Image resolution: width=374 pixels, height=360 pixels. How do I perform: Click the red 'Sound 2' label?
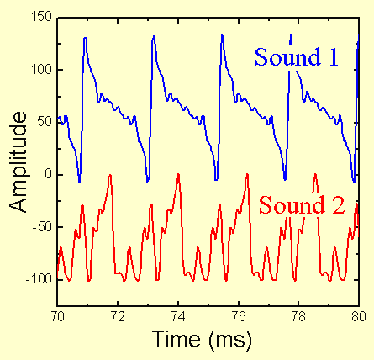(302, 204)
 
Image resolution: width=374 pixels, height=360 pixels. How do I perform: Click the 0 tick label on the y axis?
(45, 174)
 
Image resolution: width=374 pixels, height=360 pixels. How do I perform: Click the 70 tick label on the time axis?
(57, 318)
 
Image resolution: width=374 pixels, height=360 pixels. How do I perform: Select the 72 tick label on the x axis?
(118, 318)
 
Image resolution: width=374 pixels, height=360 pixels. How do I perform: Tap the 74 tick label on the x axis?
(177, 318)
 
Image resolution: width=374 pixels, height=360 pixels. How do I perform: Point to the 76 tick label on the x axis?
(238, 318)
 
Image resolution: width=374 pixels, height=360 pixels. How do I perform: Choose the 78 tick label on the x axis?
(298, 318)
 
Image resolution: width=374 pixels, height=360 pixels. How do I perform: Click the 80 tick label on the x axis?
(358, 318)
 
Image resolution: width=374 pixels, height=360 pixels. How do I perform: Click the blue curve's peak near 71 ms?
(86, 38)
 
